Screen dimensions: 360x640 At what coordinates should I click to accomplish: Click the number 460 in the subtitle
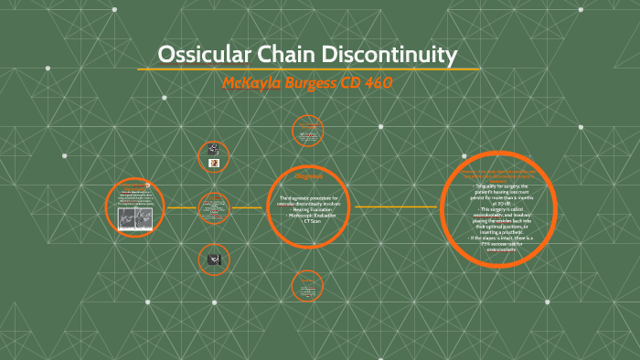point(378,83)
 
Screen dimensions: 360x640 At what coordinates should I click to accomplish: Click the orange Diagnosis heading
point(308,176)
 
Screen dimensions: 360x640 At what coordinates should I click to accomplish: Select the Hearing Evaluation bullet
point(308,210)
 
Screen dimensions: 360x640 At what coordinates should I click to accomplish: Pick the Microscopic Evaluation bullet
point(308,216)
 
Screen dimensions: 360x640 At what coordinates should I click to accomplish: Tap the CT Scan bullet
point(308,221)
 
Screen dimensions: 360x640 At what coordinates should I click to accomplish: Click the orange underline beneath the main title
point(308,69)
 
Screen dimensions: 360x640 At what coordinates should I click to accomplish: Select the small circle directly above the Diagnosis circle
point(308,132)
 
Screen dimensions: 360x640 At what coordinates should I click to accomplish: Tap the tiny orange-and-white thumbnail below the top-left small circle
point(213,164)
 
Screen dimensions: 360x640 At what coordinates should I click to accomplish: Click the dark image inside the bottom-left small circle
point(213,259)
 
